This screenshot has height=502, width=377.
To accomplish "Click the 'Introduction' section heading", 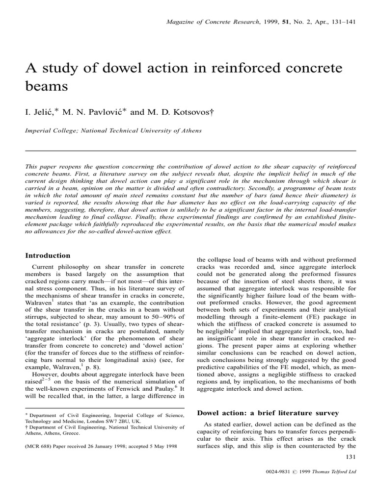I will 48,255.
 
